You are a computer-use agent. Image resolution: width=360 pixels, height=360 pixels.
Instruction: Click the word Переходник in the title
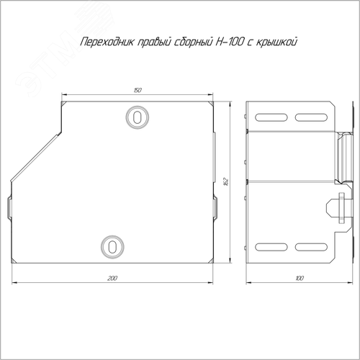pyautogui.click(x=107, y=42)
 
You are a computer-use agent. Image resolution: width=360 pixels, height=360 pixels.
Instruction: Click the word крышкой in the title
pyautogui.click(x=276, y=42)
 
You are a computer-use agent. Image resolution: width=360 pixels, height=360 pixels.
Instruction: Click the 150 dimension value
pyautogui.click(x=138, y=90)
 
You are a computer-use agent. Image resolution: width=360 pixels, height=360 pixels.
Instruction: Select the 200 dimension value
pyautogui.click(x=112, y=278)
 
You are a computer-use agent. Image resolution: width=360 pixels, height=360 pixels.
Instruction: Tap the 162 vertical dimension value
pyautogui.click(x=225, y=182)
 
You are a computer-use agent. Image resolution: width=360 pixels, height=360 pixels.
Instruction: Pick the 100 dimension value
pyautogui.click(x=300, y=278)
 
